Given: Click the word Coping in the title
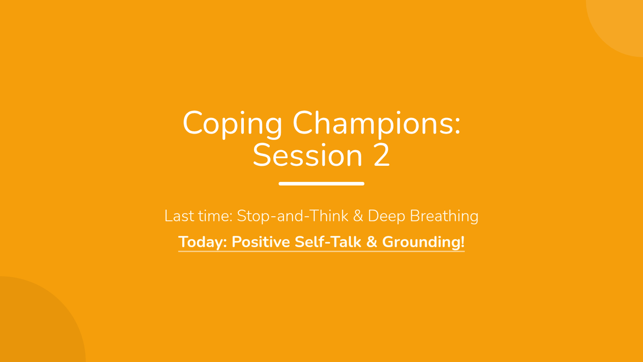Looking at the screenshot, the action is tap(233, 124).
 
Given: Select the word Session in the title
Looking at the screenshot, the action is tap(308, 156).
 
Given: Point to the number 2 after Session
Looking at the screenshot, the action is tap(382, 155).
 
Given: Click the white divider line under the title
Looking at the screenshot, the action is tap(322, 183).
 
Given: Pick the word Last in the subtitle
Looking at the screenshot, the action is tap(179, 216).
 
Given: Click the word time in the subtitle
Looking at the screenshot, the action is tap(215, 216).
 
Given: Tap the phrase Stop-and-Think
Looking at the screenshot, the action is tap(293, 216).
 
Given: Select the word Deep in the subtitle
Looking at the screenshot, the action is tap(386, 217).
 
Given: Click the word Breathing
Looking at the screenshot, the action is tap(444, 217).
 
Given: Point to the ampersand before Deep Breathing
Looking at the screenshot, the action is tap(358, 216).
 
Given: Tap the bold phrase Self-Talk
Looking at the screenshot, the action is tap(328, 242).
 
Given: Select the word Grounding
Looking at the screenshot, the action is tap(421, 242).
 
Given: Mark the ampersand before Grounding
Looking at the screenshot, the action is tap(371, 242).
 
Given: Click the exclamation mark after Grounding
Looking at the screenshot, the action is tap(462, 242).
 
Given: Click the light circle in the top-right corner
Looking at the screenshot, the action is tap(620, 23).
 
